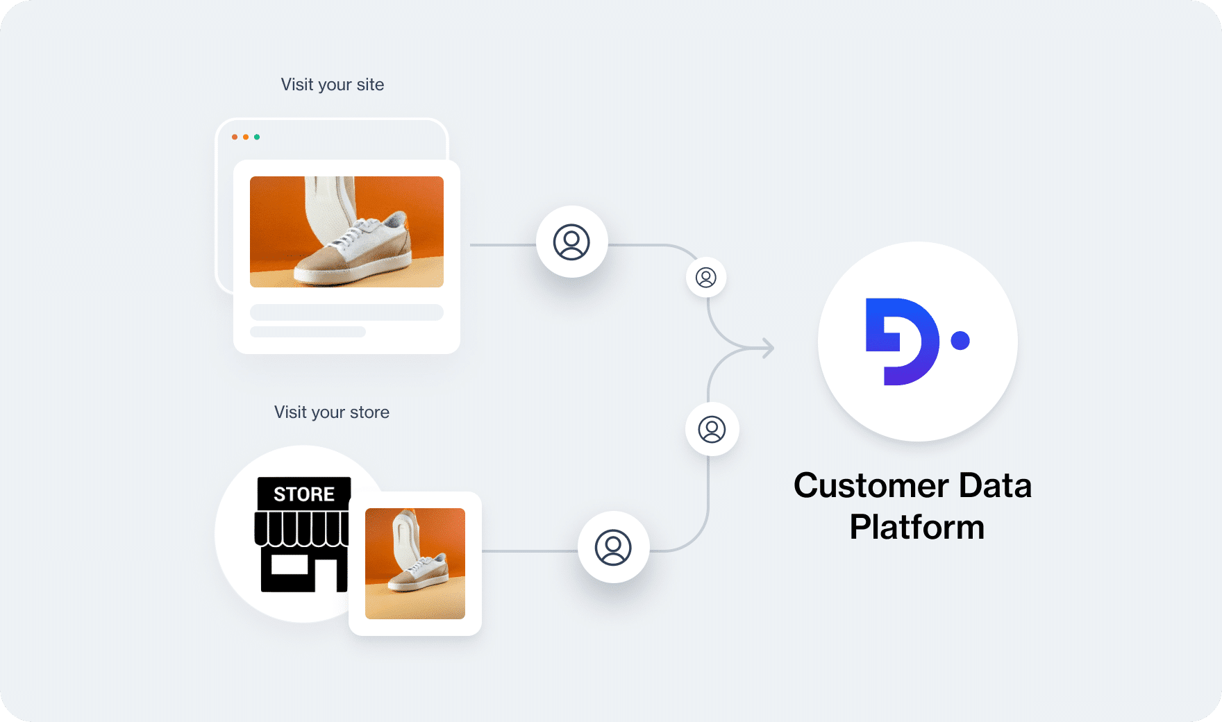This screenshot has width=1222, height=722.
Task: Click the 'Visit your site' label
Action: [x=332, y=85]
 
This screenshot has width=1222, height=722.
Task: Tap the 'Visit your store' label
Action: [x=332, y=412]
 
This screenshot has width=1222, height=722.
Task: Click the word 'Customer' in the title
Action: [x=871, y=485]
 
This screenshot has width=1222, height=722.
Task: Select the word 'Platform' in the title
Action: [x=917, y=527]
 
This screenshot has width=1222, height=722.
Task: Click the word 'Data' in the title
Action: [x=995, y=485]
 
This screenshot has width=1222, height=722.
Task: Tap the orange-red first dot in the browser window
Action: [x=235, y=137]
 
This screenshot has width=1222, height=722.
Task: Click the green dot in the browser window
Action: [x=257, y=137]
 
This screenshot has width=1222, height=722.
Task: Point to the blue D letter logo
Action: [x=902, y=342]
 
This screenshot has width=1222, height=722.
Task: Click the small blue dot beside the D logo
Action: [x=960, y=340]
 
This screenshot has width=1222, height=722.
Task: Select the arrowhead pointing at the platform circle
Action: [x=768, y=348]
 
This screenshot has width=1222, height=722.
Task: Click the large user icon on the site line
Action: [x=571, y=242]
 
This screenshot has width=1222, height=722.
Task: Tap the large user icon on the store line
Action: [x=613, y=547]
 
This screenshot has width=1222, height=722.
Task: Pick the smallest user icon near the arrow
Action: [x=706, y=278]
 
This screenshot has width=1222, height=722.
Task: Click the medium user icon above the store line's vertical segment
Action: [x=712, y=429]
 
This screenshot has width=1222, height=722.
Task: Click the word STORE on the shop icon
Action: [x=304, y=494]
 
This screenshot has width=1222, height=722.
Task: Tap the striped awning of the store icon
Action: [x=301, y=529]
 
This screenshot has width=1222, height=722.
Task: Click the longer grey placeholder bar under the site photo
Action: [x=346, y=312]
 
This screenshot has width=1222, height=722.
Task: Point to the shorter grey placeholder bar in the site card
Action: [x=308, y=332]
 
